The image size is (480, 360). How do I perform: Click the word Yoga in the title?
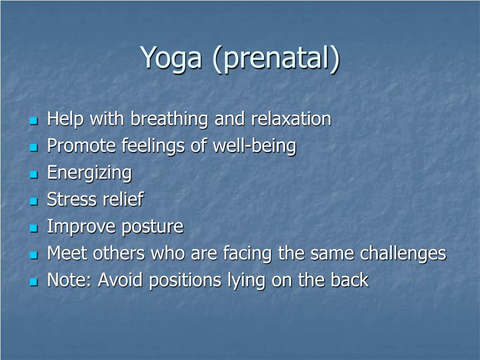171,58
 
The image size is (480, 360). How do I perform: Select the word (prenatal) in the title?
276,58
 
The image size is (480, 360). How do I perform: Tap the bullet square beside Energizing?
34,174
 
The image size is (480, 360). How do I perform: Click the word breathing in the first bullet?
169,119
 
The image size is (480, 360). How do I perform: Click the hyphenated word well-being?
255,146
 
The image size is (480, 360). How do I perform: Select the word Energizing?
90,173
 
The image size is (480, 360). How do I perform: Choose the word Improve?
82,227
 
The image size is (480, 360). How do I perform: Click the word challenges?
403,254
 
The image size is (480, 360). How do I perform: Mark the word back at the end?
350,280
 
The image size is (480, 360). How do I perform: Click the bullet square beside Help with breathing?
34,120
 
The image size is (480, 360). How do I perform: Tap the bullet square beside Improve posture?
34,228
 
